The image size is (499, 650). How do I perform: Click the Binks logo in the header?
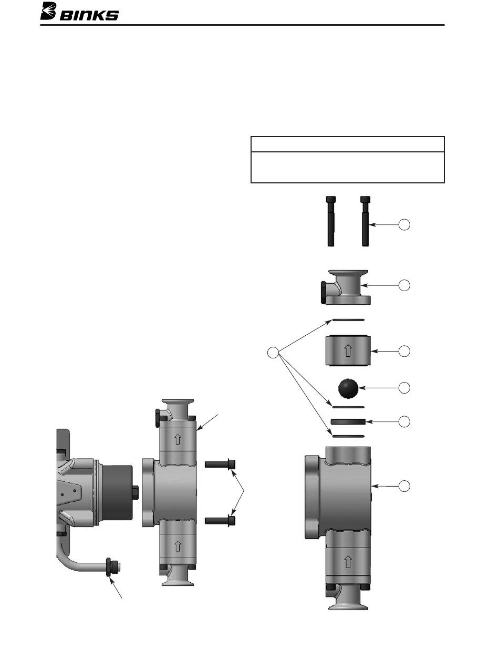[x=79, y=12]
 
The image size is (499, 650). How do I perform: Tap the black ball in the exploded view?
[x=348, y=388]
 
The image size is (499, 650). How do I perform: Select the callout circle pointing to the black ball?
[x=404, y=388]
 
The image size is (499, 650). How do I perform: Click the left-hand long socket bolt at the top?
[x=331, y=221]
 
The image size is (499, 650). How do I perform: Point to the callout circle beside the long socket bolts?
[x=404, y=225]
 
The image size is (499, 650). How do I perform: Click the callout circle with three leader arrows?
[x=273, y=353]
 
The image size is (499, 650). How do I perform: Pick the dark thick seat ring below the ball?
[x=348, y=422]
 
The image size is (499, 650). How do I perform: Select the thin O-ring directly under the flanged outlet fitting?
[x=348, y=320]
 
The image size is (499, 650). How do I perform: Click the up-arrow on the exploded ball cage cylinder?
[x=347, y=350]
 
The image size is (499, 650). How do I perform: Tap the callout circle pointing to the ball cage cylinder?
[x=404, y=351]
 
